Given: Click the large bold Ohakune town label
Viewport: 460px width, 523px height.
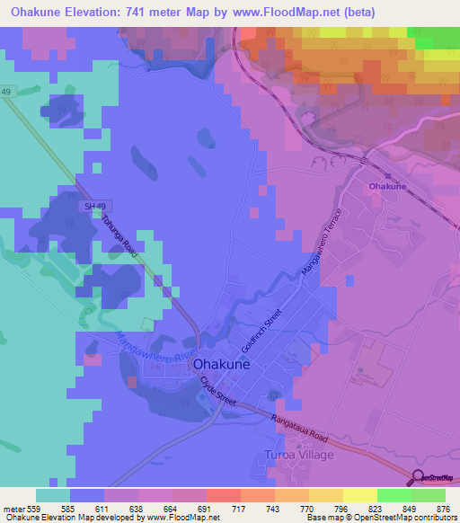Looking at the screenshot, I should pyautogui.click(x=241, y=366).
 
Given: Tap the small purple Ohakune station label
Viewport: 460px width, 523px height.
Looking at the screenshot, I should pyautogui.click(x=387, y=186).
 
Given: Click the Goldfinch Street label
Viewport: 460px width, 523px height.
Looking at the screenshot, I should pyautogui.click(x=261, y=329).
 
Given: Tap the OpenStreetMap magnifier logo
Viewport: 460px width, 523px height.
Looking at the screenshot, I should pyautogui.click(x=418, y=478).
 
